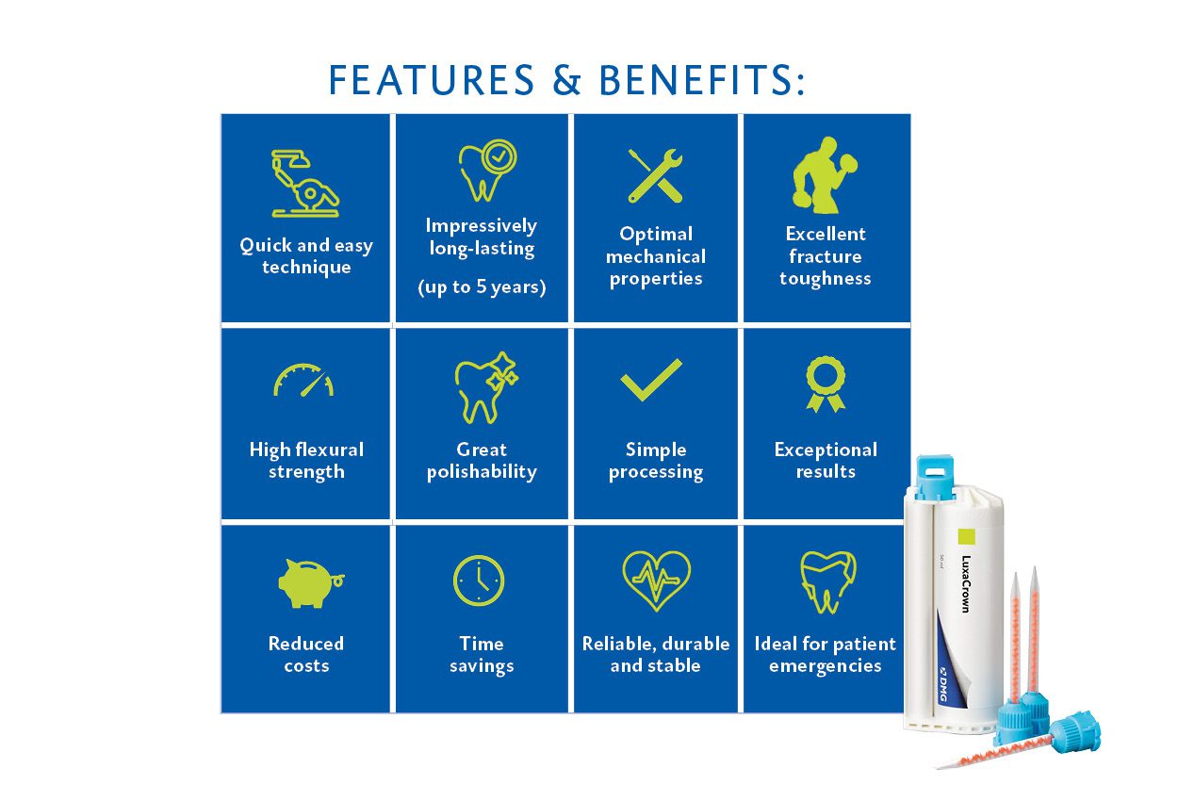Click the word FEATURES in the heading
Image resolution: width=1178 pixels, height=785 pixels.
coord(432,80)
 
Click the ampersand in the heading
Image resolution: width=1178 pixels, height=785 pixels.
coord(567,80)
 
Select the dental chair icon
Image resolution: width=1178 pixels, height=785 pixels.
coord(305,184)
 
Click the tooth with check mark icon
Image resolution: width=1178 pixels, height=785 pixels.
coord(487,171)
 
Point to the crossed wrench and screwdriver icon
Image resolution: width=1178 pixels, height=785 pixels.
coord(655,175)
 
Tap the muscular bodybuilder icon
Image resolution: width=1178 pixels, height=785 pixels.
coord(825,175)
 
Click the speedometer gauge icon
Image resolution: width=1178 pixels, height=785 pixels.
coord(303,380)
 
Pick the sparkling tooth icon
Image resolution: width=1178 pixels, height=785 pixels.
coord(486,388)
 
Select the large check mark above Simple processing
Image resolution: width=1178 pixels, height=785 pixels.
coord(651,380)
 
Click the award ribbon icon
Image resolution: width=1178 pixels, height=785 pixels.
coord(826,384)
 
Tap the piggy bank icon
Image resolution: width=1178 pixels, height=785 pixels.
coord(311,583)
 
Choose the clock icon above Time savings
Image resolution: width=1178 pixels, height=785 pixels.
coord(479,581)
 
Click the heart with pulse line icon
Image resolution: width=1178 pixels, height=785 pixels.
coord(656,581)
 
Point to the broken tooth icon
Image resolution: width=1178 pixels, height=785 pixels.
coord(827,582)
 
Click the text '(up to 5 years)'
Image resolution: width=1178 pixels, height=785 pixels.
coord(482,287)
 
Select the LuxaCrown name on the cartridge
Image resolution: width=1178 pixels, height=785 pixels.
coord(965,583)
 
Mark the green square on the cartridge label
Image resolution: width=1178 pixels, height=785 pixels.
coord(967,537)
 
